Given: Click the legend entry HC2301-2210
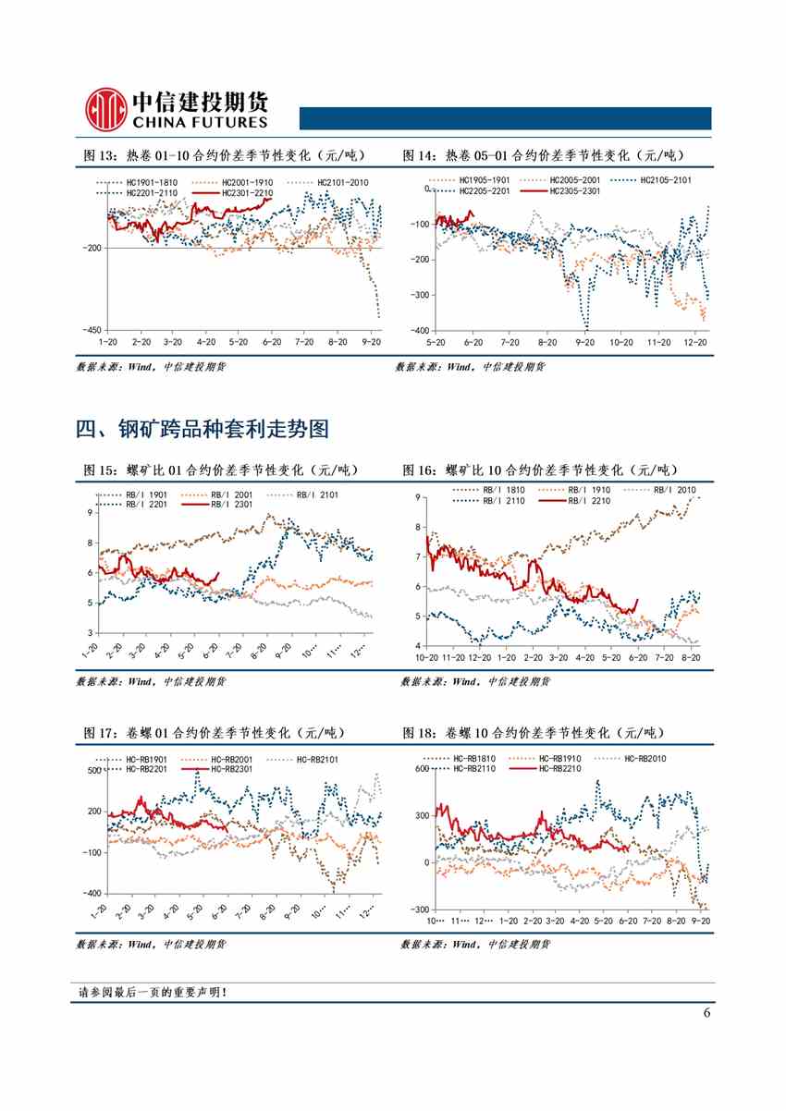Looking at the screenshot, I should (x=242, y=192).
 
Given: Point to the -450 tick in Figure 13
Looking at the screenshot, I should (x=92, y=329).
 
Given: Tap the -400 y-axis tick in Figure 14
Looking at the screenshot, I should (x=420, y=330).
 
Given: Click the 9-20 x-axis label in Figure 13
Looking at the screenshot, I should (x=372, y=341).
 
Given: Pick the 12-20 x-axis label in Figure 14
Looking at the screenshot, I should (x=695, y=341).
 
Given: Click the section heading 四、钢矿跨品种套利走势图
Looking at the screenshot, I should (x=203, y=429).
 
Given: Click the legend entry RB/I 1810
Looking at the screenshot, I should (x=502, y=489).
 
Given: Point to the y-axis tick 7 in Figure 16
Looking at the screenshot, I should (x=419, y=556).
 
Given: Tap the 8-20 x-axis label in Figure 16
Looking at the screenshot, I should (x=689, y=657).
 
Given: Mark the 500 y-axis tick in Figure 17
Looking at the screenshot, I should (x=93, y=770).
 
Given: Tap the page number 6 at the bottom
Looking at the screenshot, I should (x=706, y=1012).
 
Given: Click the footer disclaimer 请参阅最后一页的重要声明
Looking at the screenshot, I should (x=153, y=993).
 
